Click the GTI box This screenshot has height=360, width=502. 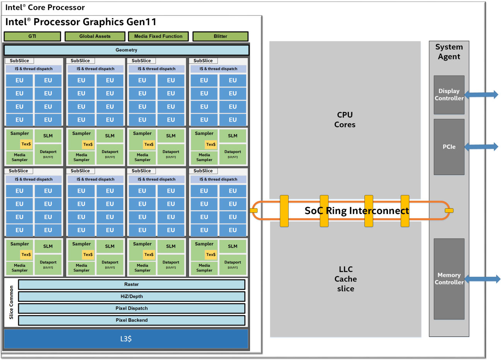(32, 36)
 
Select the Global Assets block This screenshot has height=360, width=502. (95, 36)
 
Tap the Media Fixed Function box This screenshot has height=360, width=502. (158, 36)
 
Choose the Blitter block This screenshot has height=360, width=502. (220, 36)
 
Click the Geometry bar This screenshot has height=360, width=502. (126, 50)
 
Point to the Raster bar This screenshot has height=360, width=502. (131, 284)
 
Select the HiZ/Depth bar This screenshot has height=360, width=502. (131, 296)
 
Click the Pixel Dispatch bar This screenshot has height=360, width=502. (131, 308)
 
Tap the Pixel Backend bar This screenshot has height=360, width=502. (131, 320)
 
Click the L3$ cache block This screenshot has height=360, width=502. (126, 339)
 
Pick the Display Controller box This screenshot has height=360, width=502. (449, 95)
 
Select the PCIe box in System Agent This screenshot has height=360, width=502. (449, 147)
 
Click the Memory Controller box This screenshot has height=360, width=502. (449, 278)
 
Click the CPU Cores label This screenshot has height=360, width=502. (345, 120)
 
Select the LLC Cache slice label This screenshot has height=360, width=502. (345, 279)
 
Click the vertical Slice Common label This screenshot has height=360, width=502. (11, 302)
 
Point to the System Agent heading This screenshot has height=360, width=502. (449, 52)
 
